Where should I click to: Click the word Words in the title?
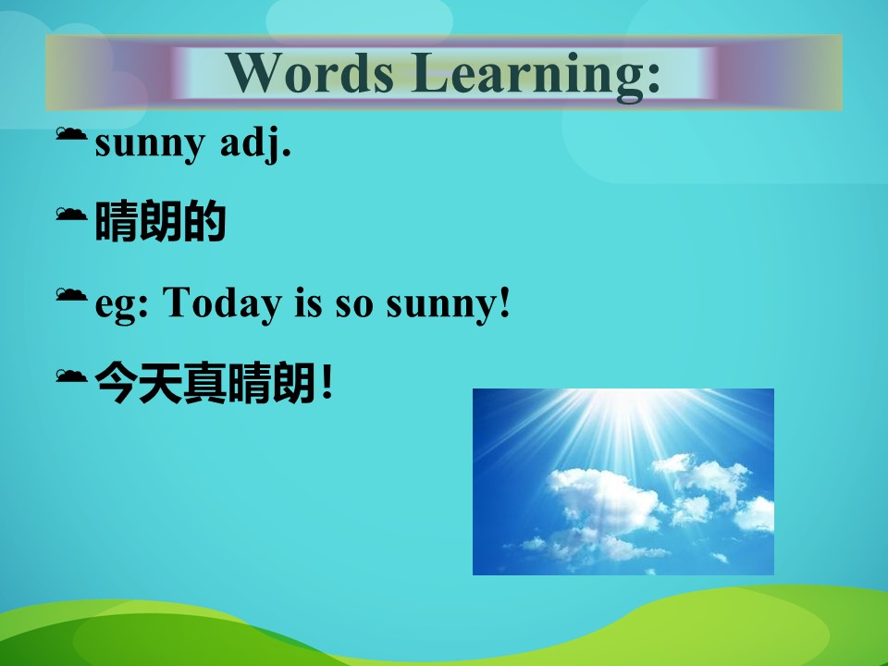pyautogui.click(x=310, y=72)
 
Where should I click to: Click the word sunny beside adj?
pyautogui.click(x=150, y=145)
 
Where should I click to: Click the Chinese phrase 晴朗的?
pyautogui.click(x=160, y=221)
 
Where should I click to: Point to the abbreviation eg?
pyautogui.click(x=121, y=305)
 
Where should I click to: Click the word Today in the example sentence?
pyautogui.click(x=222, y=303)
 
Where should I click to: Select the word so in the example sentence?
pyautogui.click(x=354, y=306)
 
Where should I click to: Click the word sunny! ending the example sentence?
pyautogui.click(x=448, y=304)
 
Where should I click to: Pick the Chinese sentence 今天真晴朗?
pyautogui.click(x=214, y=383)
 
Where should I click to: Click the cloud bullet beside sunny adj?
pyautogui.click(x=71, y=133)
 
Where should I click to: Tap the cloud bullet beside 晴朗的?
pyautogui.click(x=71, y=214)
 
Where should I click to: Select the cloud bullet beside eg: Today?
pyautogui.click(x=71, y=294)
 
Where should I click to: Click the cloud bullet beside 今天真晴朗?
pyautogui.click(x=71, y=376)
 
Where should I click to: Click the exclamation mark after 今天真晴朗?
pyautogui.click(x=327, y=383)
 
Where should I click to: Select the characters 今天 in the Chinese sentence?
pyautogui.click(x=139, y=383)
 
